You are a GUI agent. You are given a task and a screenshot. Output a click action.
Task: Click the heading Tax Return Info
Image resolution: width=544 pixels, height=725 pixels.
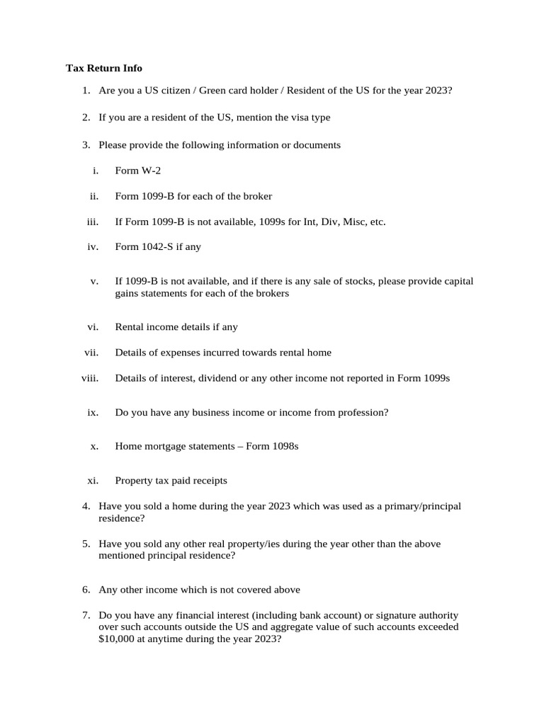[x=104, y=68]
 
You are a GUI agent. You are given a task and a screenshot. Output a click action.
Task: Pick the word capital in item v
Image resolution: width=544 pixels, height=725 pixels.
[x=458, y=281]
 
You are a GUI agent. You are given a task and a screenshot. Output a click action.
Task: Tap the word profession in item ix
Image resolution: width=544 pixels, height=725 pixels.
[x=362, y=412]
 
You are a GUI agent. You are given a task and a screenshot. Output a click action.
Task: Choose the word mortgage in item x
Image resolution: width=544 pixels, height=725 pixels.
[x=170, y=447]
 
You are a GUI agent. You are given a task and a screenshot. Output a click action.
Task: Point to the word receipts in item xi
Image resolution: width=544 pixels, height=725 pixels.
[x=208, y=480]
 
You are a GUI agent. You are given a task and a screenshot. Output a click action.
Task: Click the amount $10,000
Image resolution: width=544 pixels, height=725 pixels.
[x=119, y=638]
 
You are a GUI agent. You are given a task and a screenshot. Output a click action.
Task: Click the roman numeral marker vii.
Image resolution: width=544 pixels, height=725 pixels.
[x=91, y=352]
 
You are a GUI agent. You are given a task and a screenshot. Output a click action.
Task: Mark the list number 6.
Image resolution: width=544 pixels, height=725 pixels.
[x=85, y=589]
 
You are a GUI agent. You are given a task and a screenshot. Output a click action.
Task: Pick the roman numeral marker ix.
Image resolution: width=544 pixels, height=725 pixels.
[x=92, y=412]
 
